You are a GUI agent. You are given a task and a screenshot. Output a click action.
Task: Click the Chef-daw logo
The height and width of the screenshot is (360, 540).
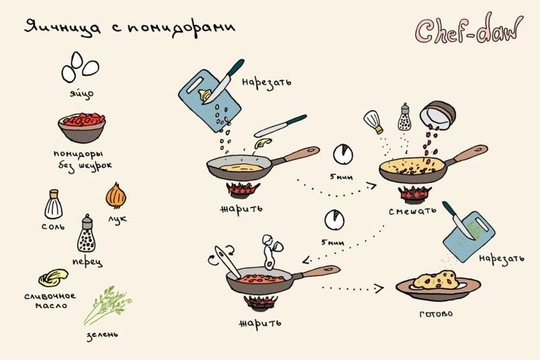[468, 28]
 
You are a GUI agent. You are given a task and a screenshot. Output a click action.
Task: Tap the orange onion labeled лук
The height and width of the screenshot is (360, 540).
[116, 196]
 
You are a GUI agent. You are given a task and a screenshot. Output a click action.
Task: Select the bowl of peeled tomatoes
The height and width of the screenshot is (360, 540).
[82, 128]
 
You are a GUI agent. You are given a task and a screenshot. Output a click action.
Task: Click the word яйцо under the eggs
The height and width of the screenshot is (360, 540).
[82, 93]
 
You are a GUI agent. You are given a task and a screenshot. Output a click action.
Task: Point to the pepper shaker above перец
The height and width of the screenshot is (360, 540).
[86, 234]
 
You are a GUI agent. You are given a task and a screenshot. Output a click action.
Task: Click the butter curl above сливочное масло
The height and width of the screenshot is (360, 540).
[53, 278]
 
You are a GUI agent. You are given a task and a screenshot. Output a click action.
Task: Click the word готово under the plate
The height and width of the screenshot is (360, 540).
[436, 314]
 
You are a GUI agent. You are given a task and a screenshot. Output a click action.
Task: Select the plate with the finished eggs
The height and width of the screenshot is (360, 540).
[438, 286]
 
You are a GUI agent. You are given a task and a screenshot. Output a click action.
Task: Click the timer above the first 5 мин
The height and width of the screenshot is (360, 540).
[343, 154]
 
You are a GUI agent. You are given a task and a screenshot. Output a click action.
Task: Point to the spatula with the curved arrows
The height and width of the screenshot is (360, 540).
[227, 263]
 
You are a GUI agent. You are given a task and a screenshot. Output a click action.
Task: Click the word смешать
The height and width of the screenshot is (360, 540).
[412, 211]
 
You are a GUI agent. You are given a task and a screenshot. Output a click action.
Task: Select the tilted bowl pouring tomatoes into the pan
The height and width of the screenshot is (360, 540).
[437, 115]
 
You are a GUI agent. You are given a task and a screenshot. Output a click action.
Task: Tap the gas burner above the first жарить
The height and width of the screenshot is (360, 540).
[243, 190]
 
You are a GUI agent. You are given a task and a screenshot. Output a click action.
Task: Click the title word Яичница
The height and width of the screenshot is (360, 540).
[63, 28]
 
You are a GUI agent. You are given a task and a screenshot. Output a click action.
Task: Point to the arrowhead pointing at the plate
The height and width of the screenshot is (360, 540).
[379, 288]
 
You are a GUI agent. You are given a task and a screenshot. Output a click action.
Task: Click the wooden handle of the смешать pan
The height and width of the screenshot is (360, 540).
[470, 153]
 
